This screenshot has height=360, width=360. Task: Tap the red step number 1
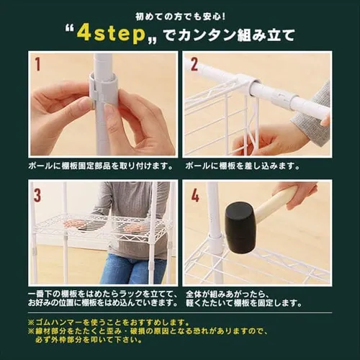click(x=37, y=64)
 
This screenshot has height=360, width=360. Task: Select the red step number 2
click(x=194, y=63)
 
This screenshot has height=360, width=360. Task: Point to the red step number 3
click(x=37, y=195)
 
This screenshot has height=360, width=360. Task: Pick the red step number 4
click(x=194, y=194)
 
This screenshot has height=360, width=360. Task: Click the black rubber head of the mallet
click(x=239, y=228)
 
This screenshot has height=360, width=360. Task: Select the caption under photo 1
click(x=101, y=166)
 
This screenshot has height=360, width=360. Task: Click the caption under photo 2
click(x=243, y=166)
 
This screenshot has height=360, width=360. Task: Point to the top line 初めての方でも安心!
click(x=180, y=17)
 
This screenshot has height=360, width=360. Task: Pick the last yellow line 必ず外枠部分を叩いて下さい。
click(x=89, y=340)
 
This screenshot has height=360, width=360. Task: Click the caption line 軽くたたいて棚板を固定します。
click(x=244, y=303)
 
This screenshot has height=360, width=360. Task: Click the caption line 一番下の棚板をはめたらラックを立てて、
click(x=103, y=294)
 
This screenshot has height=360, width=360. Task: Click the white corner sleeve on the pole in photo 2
click(x=243, y=84)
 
